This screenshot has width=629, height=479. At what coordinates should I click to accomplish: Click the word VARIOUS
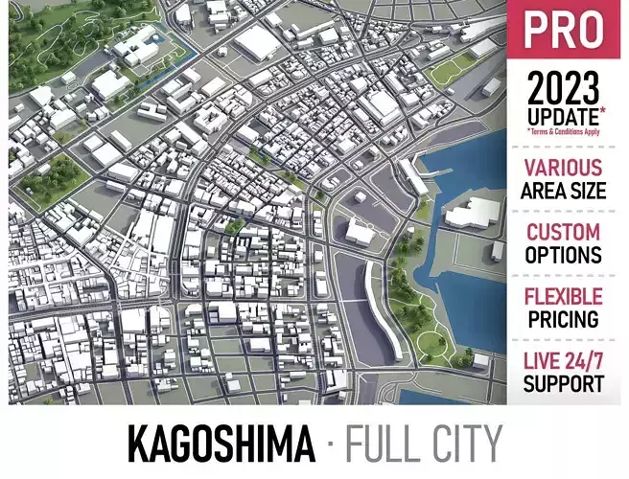564,168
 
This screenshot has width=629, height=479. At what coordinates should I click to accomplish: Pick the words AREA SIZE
564,190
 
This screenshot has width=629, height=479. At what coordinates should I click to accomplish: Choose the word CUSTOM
564,232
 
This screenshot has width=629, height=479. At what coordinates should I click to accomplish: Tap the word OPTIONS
564,255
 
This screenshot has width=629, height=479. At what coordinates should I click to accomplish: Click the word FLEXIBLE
564,296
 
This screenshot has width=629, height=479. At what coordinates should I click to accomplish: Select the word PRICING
564,319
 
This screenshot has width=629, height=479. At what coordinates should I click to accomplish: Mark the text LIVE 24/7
564,361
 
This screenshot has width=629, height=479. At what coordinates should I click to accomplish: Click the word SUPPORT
564,384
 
